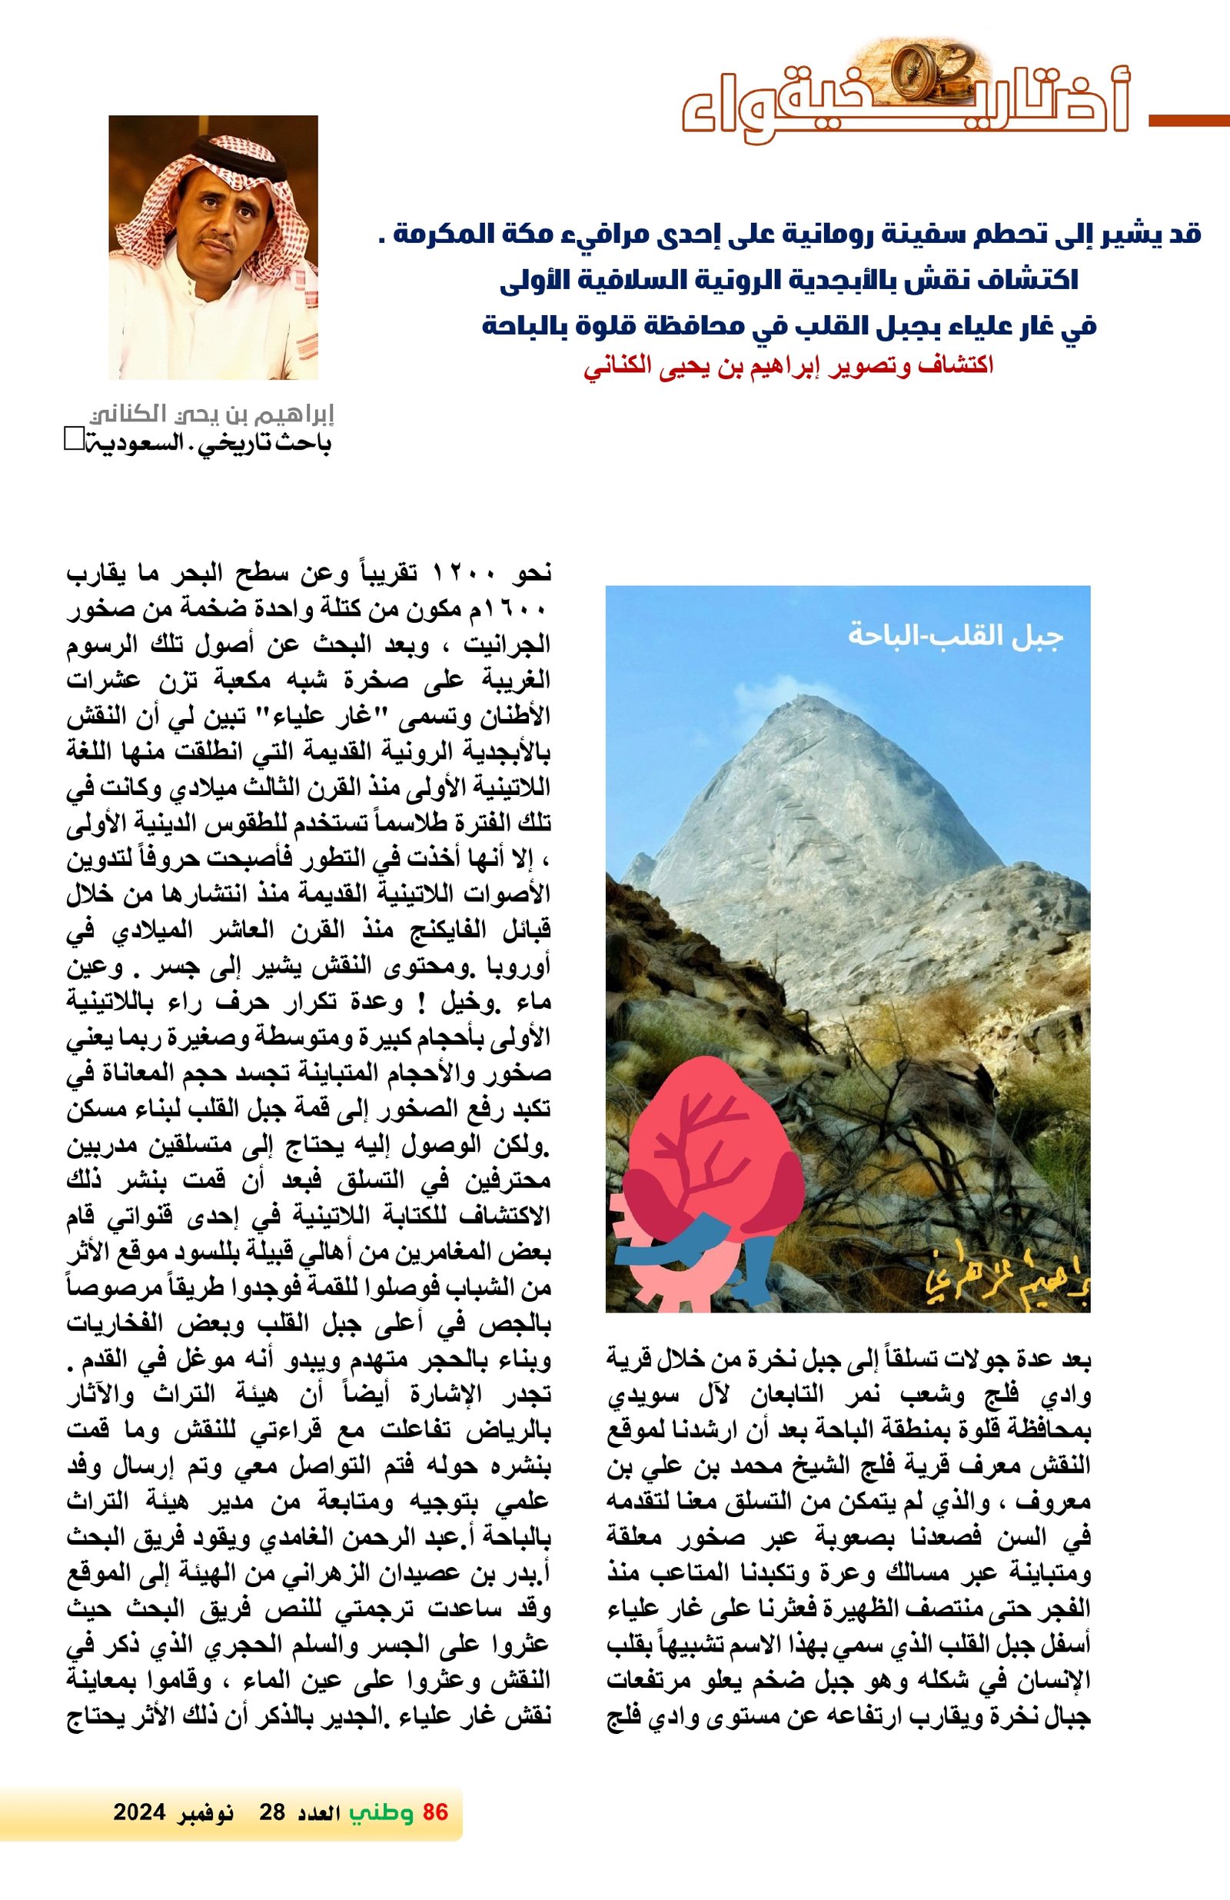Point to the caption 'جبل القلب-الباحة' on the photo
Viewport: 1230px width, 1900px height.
[x=955, y=637]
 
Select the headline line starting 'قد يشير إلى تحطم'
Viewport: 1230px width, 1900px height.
[x=790, y=235]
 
